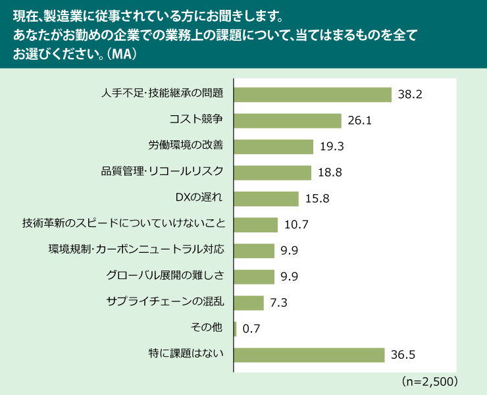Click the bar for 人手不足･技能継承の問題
[313, 94]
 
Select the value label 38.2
[409, 95]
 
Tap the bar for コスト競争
[288, 120]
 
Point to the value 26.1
[359, 121]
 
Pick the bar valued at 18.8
[272, 172]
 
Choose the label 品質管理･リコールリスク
[163, 172]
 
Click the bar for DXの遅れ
[266, 198]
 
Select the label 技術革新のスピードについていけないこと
[124, 224]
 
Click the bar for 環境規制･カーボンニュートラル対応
[254, 250]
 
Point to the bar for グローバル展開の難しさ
[254, 276]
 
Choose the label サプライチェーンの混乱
[165, 302]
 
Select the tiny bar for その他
[235, 329]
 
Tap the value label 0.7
[251, 329]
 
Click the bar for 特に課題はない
[309, 355]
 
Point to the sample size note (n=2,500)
[429, 381]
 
